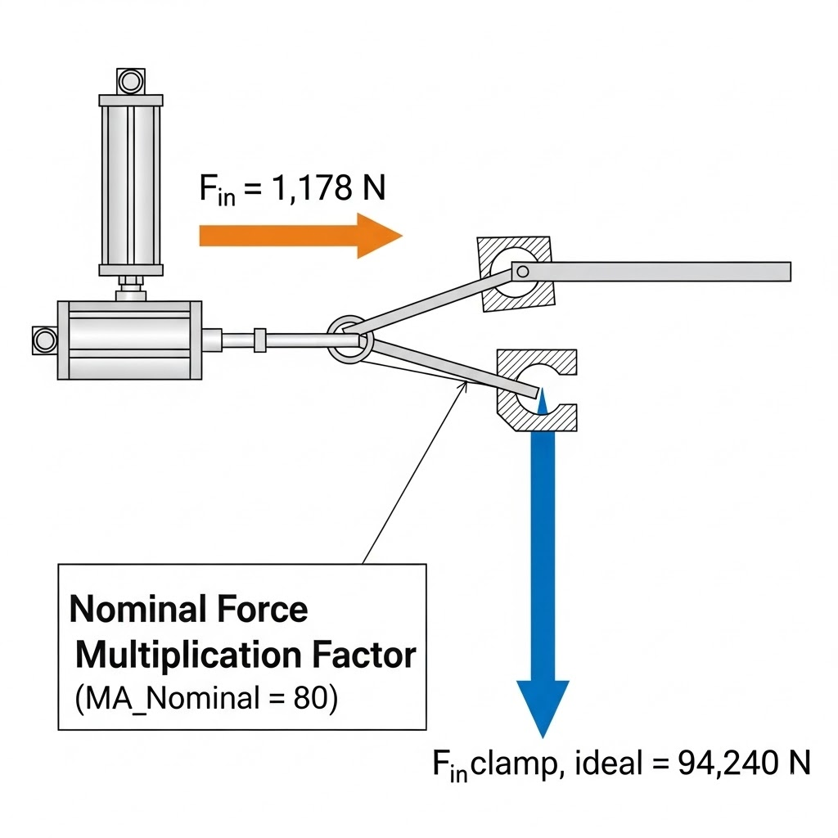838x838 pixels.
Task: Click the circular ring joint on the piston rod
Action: (351, 339)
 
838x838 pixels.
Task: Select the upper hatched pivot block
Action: (516, 274)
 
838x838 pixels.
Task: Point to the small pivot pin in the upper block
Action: (521, 271)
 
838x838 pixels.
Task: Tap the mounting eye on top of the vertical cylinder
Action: (129, 81)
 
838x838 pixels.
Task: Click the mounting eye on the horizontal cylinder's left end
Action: (42, 339)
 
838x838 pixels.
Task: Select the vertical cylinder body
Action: (131, 184)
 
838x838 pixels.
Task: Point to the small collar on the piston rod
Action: (259, 339)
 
